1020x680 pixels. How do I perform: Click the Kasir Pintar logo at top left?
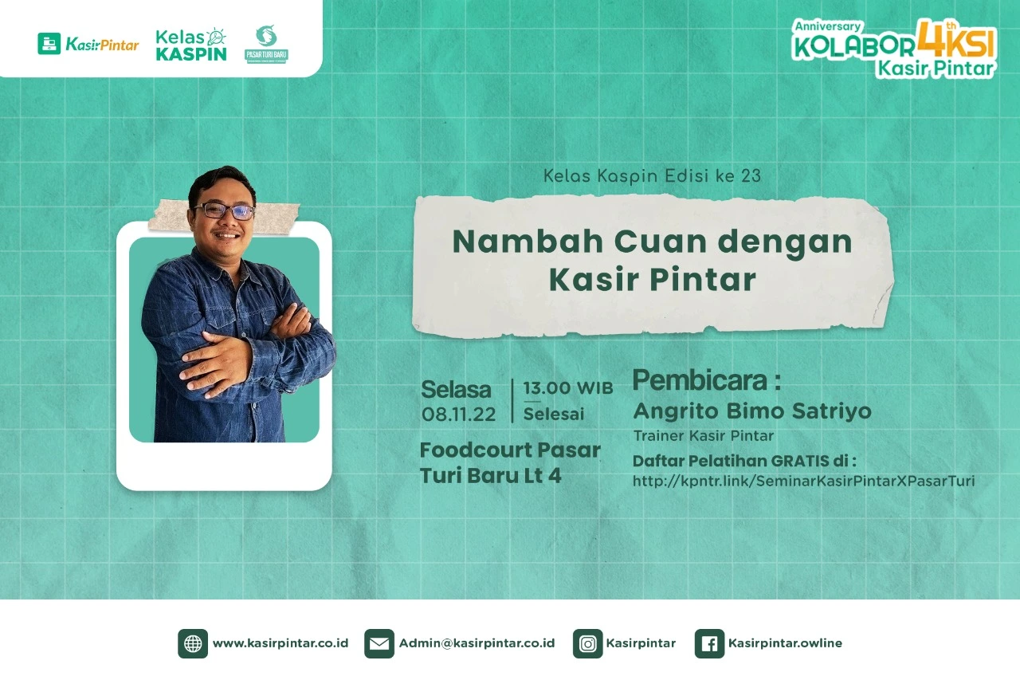click(x=88, y=44)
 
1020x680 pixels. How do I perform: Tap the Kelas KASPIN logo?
click(x=191, y=44)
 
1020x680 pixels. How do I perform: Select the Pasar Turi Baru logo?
click(x=266, y=44)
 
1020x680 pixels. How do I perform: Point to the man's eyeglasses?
click(x=224, y=210)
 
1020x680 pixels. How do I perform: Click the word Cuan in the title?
click(x=661, y=242)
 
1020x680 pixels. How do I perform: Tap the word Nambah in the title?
click(x=528, y=242)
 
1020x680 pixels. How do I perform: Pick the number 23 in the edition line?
click(x=751, y=176)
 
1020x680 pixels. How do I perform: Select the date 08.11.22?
click(x=458, y=415)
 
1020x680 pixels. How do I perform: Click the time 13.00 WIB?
click(x=568, y=388)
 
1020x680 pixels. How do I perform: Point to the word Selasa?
click(x=457, y=389)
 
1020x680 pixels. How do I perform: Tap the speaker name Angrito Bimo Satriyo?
click(x=752, y=411)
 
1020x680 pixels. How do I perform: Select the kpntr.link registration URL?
click(x=804, y=481)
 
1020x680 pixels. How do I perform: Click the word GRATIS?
click(x=800, y=461)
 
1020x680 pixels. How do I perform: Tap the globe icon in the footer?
click(x=193, y=643)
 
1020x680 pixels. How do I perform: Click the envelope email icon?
click(x=379, y=643)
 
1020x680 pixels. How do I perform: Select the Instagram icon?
click(x=588, y=643)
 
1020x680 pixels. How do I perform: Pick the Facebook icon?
click(x=709, y=643)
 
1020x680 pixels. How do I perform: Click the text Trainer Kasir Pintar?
click(x=704, y=436)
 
